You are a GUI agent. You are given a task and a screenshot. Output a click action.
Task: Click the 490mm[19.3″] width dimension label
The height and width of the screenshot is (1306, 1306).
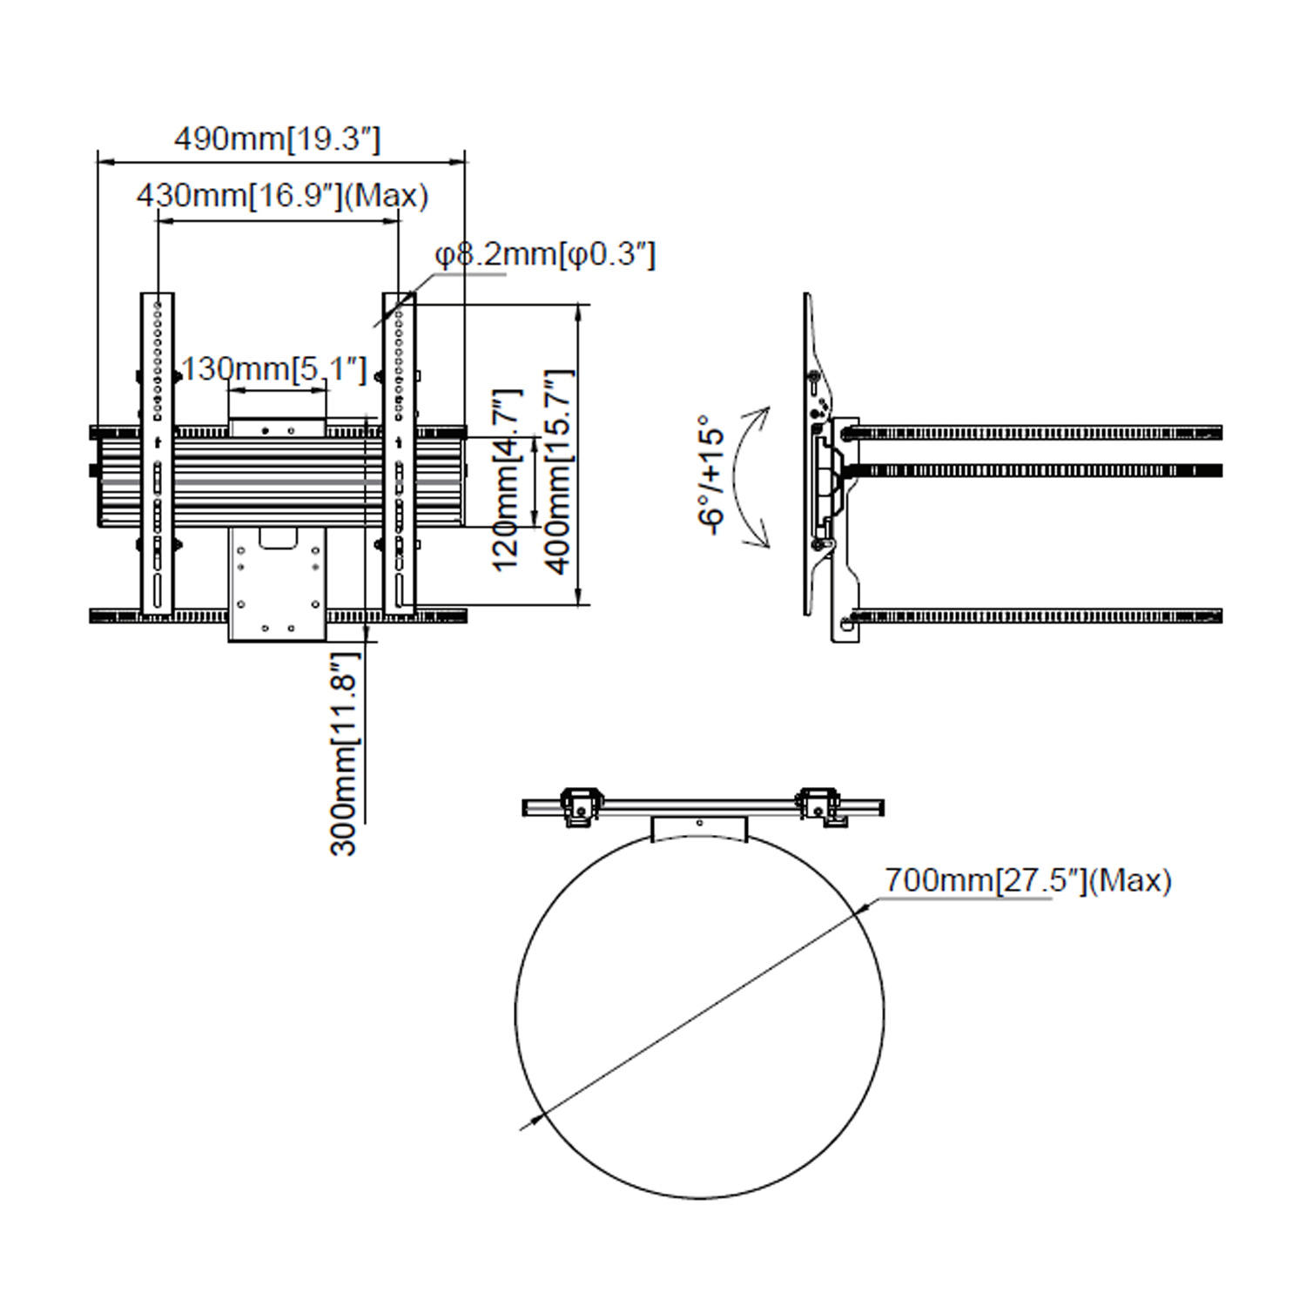click(278, 139)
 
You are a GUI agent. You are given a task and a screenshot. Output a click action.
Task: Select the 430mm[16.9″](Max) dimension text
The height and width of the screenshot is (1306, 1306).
click(283, 195)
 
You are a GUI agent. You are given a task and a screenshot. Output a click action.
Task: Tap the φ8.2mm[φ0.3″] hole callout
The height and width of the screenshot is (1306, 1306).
click(545, 254)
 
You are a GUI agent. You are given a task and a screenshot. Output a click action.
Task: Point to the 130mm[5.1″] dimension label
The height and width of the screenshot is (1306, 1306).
click(275, 369)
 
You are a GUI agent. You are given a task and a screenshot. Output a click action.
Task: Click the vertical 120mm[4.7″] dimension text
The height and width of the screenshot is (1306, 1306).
click(506, 480)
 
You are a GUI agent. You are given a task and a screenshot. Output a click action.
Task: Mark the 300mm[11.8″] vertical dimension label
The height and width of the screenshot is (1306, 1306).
click(344, 753)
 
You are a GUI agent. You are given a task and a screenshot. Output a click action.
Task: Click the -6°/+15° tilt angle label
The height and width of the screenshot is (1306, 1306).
click(711, 475)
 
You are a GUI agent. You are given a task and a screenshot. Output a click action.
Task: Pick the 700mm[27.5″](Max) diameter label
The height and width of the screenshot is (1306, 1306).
click(1028, 880)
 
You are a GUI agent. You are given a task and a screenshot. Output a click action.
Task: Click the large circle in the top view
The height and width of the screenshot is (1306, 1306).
click(700, 1014)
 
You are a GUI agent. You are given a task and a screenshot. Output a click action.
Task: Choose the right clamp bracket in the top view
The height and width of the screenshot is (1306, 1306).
click(820, 806)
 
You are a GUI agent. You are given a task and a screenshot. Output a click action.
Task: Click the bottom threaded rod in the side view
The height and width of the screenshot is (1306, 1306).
click(1036, 616)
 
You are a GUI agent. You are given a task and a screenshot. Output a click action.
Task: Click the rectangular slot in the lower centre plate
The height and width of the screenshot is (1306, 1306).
click(278, 539)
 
